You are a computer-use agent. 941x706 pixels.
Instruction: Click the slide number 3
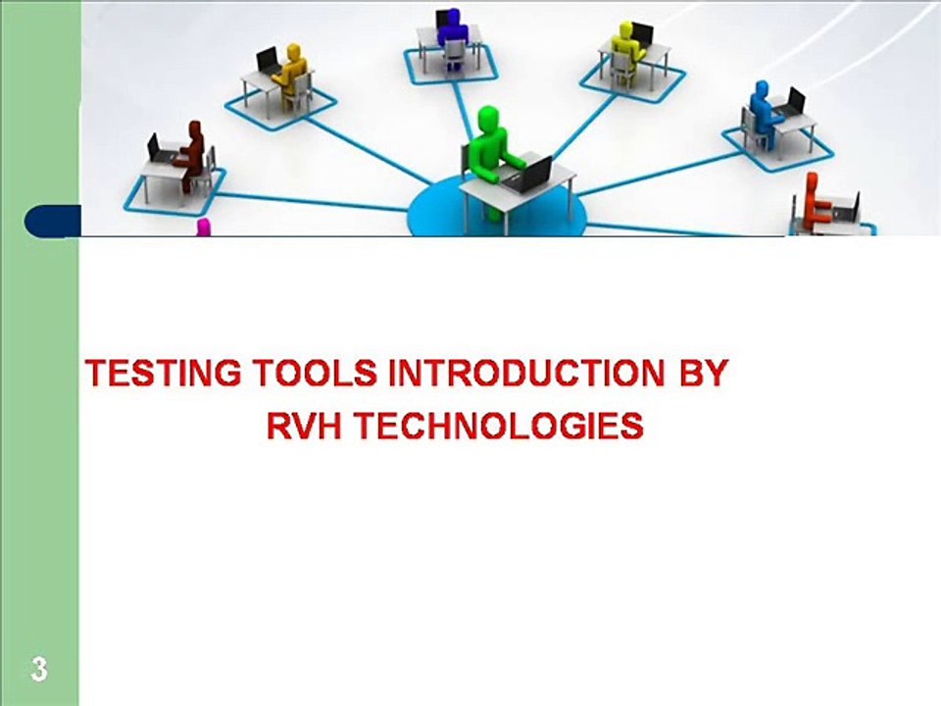[x=38, y=671]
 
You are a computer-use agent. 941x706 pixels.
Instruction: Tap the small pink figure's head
[x=203, y=227]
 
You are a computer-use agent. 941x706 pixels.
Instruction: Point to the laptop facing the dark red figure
[x=154, y=148]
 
